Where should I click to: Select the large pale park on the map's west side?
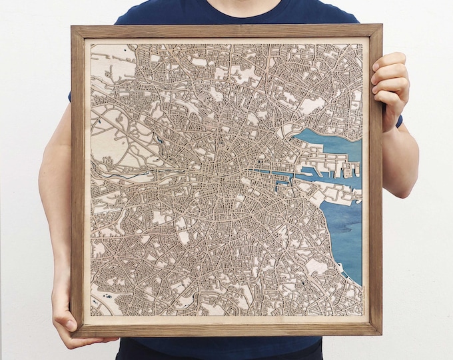110,147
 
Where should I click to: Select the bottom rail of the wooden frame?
226,329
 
